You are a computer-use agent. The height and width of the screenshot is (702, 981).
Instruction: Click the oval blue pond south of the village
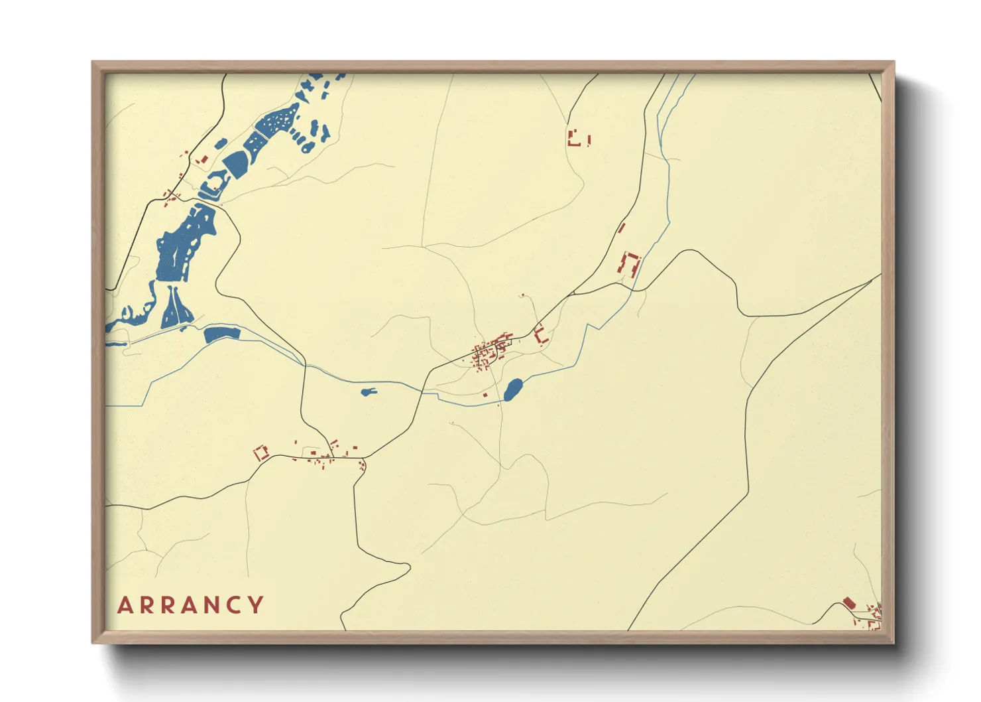click(512, 389)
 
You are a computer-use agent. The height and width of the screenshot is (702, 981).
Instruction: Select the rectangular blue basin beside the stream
click(221, 334)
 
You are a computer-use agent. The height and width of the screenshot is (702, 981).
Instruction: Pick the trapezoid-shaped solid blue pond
click(235, 163)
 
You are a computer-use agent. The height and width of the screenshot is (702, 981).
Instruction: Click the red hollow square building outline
click(261, 453)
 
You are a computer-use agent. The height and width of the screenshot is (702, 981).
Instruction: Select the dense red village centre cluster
click(489, 352)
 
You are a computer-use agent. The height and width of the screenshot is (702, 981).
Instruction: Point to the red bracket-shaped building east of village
click(541, 334)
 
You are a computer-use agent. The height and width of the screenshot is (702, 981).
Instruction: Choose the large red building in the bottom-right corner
click(849, 603)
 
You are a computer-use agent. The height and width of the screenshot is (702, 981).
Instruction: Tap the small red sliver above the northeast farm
click(621, 228)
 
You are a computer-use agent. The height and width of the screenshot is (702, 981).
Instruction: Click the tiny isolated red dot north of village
click(522, 295)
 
